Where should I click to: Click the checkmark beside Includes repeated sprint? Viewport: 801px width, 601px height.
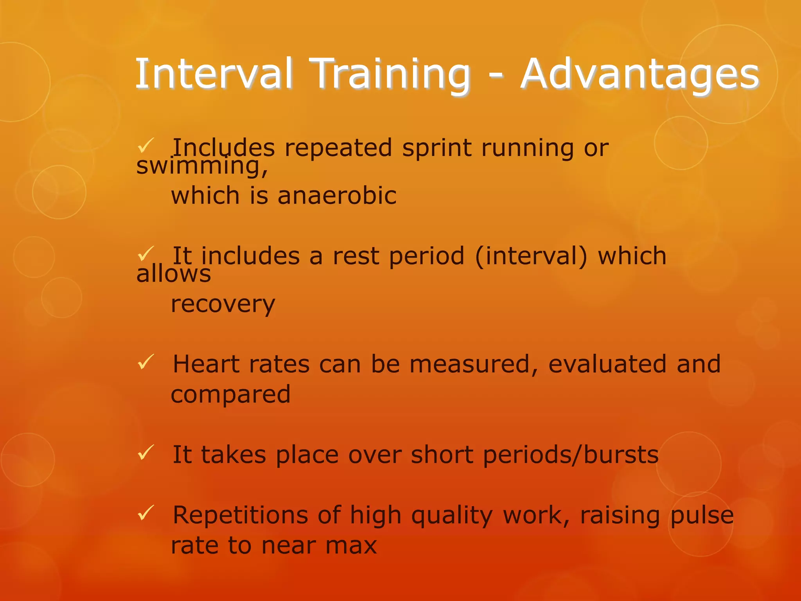(146, 146)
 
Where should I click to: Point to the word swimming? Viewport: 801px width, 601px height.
(202, 166)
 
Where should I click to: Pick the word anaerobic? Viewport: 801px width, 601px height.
(337, 196)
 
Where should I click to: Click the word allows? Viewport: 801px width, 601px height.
(173, 274)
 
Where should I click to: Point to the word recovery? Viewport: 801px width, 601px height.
(223, 304)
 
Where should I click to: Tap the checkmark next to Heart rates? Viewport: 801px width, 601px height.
(146, 362)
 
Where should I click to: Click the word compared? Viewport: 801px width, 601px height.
(231, 394)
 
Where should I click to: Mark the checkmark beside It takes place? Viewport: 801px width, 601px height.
(146, 453)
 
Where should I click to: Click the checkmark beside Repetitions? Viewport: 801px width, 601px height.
(146, 513)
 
